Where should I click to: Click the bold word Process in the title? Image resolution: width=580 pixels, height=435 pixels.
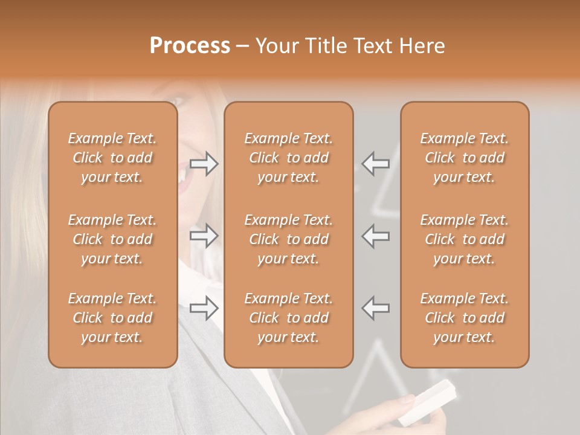(190, 46)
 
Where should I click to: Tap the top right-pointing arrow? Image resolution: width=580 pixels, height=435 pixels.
(204, 163)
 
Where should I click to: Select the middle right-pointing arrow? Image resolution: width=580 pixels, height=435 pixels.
(204, 236)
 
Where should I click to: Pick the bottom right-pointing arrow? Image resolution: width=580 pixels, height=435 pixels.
(204, 308)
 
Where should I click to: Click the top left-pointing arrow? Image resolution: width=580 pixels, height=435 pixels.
(376, 163)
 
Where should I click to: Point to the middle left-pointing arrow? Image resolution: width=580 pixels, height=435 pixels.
(376, 236)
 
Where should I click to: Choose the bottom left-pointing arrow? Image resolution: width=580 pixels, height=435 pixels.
(376, 308)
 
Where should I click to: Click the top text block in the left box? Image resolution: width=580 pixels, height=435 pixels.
(112, 158)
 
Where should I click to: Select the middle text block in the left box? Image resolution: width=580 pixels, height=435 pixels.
(112, 239)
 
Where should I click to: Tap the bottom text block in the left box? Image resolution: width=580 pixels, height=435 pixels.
(112, 318)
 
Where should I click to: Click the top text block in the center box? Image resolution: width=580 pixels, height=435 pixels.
(288, 158)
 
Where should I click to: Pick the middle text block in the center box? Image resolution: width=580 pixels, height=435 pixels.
(288, 239)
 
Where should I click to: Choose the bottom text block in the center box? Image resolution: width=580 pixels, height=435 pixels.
(288, 318)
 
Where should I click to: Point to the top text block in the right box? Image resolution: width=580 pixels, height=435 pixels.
(464, 158)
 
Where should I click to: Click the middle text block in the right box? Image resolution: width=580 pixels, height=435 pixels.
(464, 239)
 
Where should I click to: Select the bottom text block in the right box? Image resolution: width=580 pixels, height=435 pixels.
(464, 318)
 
